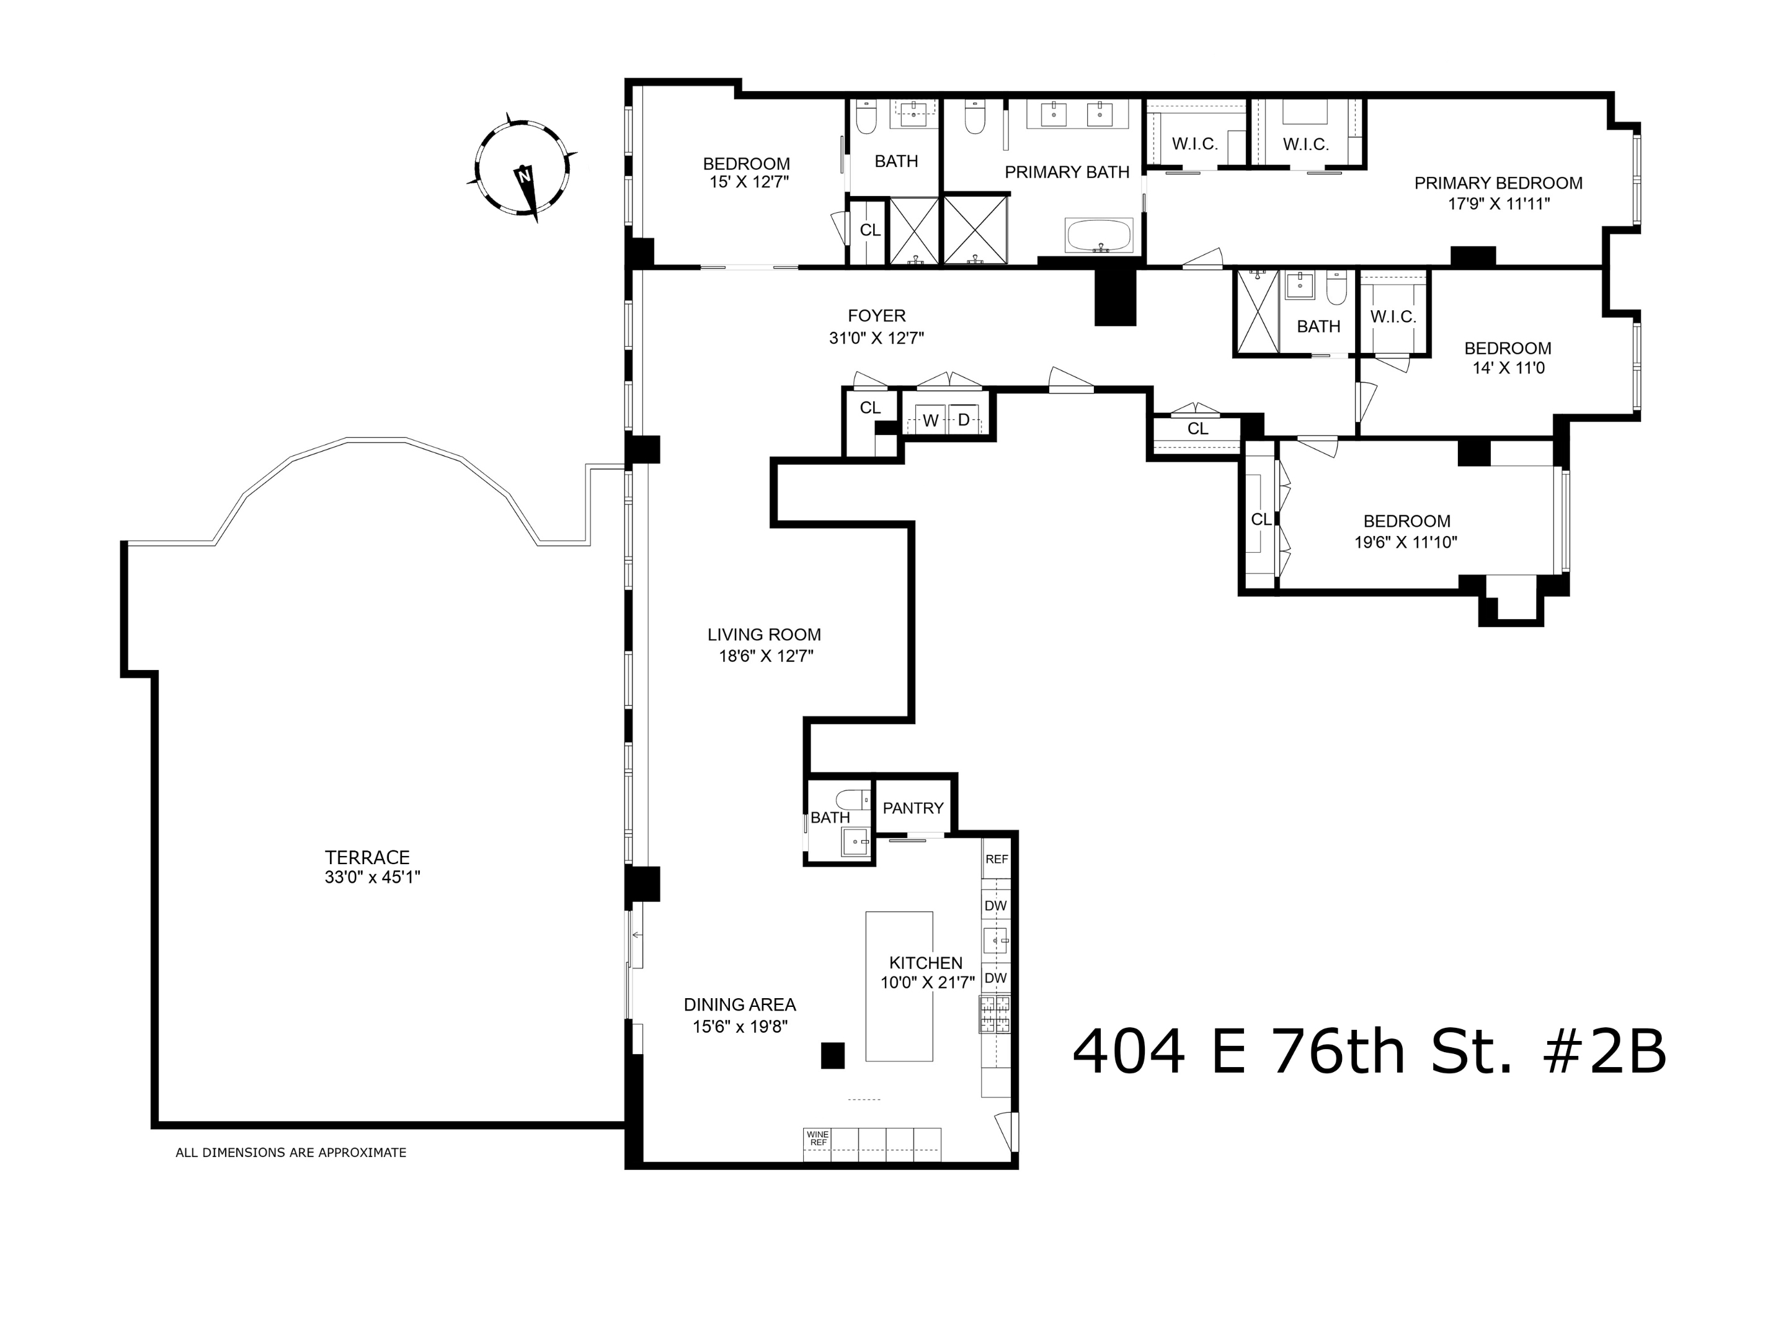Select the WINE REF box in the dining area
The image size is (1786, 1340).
coord(817,1139)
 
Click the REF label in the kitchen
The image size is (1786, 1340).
coord(997,859)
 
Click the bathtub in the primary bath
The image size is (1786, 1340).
coord(1099,236)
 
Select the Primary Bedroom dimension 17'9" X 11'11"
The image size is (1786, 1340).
coord(1498,204)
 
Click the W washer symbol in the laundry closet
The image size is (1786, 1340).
coord(930,421)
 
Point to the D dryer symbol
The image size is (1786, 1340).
coord(963,420)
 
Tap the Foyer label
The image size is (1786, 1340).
coord(876,316)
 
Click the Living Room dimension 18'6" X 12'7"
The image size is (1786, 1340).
coord(765,656)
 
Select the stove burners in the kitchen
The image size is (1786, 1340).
coord(994,1014)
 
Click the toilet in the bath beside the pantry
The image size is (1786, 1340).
coord(852,800)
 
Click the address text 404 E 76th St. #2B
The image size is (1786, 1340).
coord(1369,1052)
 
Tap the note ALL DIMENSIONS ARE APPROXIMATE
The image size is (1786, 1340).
coord(291,1153)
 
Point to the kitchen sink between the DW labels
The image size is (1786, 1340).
coord(995,941)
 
